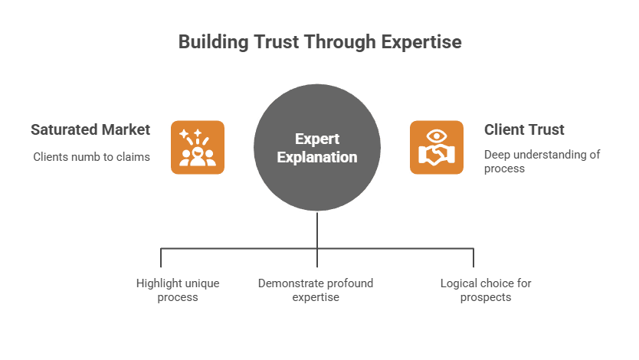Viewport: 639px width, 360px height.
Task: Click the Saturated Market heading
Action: (90, 129)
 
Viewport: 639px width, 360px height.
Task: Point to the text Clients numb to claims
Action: (91, 157)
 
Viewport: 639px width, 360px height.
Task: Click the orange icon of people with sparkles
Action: (198, 148)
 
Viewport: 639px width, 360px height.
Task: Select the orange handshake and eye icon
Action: (436, 148)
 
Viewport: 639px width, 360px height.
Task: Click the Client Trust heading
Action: (524, 129)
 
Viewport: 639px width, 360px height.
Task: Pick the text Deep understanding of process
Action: (541, 161)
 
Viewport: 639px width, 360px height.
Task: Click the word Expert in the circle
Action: (317, 139)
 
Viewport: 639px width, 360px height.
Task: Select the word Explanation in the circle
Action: (317, 158)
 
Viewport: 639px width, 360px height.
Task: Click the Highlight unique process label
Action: (178, 290)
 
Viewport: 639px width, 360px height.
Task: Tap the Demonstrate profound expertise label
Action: (316, 290)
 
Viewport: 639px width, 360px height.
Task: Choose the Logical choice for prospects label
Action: (486, 290)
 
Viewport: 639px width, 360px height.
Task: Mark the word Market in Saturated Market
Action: (125, 129)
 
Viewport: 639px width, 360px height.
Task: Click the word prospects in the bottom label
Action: (486, 297)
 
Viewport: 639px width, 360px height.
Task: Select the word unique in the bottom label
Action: (202, 283)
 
